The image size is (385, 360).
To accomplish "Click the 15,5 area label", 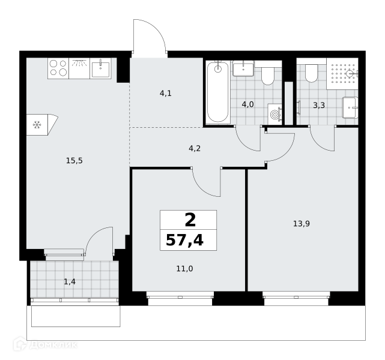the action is (74, 161).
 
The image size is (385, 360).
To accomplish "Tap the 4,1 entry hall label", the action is (166, 94).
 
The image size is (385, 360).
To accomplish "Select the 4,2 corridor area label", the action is (195, 148).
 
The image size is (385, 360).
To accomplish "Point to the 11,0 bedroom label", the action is (184, 269).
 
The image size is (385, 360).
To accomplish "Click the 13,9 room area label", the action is (302, 224).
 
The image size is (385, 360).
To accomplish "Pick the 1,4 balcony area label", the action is (70, 282).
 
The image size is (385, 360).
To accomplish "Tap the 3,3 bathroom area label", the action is (319, 106).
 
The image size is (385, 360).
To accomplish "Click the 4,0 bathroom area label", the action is (247, 105).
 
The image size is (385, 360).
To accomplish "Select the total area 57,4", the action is (184, 241).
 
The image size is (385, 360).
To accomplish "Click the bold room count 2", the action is (190, 220).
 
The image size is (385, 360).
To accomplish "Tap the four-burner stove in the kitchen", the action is (58, 68).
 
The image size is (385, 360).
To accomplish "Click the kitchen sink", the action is (101, 68).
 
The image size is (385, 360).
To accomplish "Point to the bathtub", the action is (218, 92).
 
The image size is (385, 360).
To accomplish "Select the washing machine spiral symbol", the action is (274, 114).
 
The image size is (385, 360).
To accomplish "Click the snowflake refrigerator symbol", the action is (37, 125).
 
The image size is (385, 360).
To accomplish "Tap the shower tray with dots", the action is (342, 74).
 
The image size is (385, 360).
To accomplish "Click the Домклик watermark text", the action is (53, 345).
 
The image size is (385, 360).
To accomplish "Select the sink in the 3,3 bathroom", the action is (350, 108).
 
